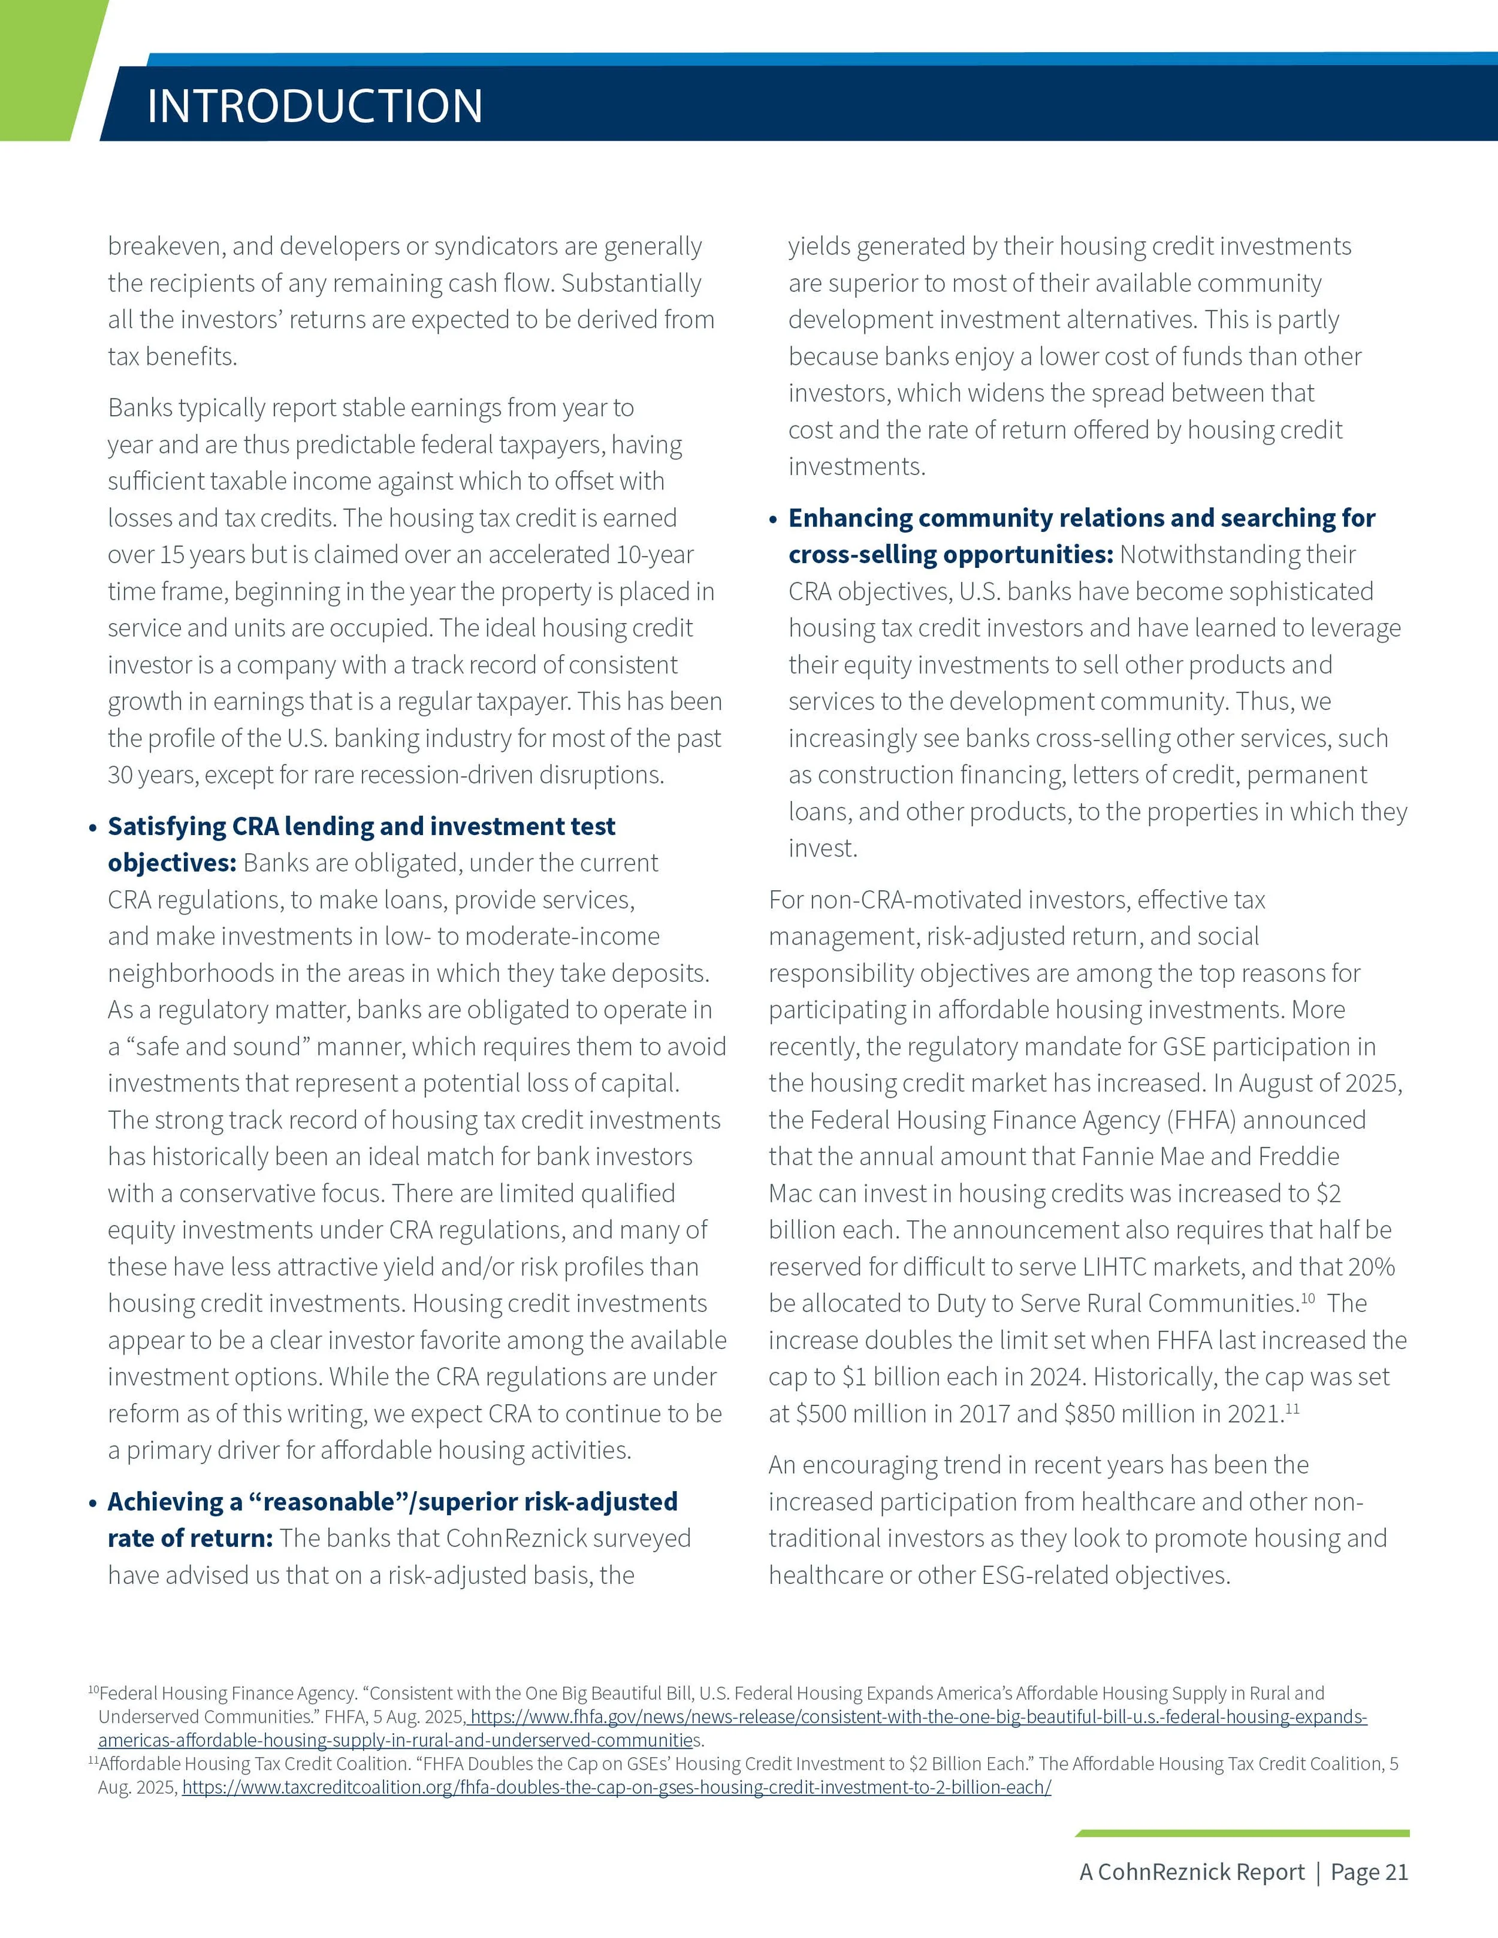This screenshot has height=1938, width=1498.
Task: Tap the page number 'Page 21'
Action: tap(1369, 1872)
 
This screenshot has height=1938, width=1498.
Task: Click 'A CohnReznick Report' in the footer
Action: tap(1192, 1872)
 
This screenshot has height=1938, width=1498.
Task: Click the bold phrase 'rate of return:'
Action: tap(190, 1538)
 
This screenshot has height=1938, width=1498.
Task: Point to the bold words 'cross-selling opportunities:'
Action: tap(950, 555)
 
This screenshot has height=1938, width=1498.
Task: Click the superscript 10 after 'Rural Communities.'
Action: tap(1307, 1298)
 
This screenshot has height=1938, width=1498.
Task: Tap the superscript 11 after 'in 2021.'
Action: tap(1292, 1408)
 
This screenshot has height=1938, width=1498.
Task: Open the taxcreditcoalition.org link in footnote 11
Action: tap(616, 1787)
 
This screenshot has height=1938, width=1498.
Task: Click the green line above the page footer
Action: tap(1242, 1833)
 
